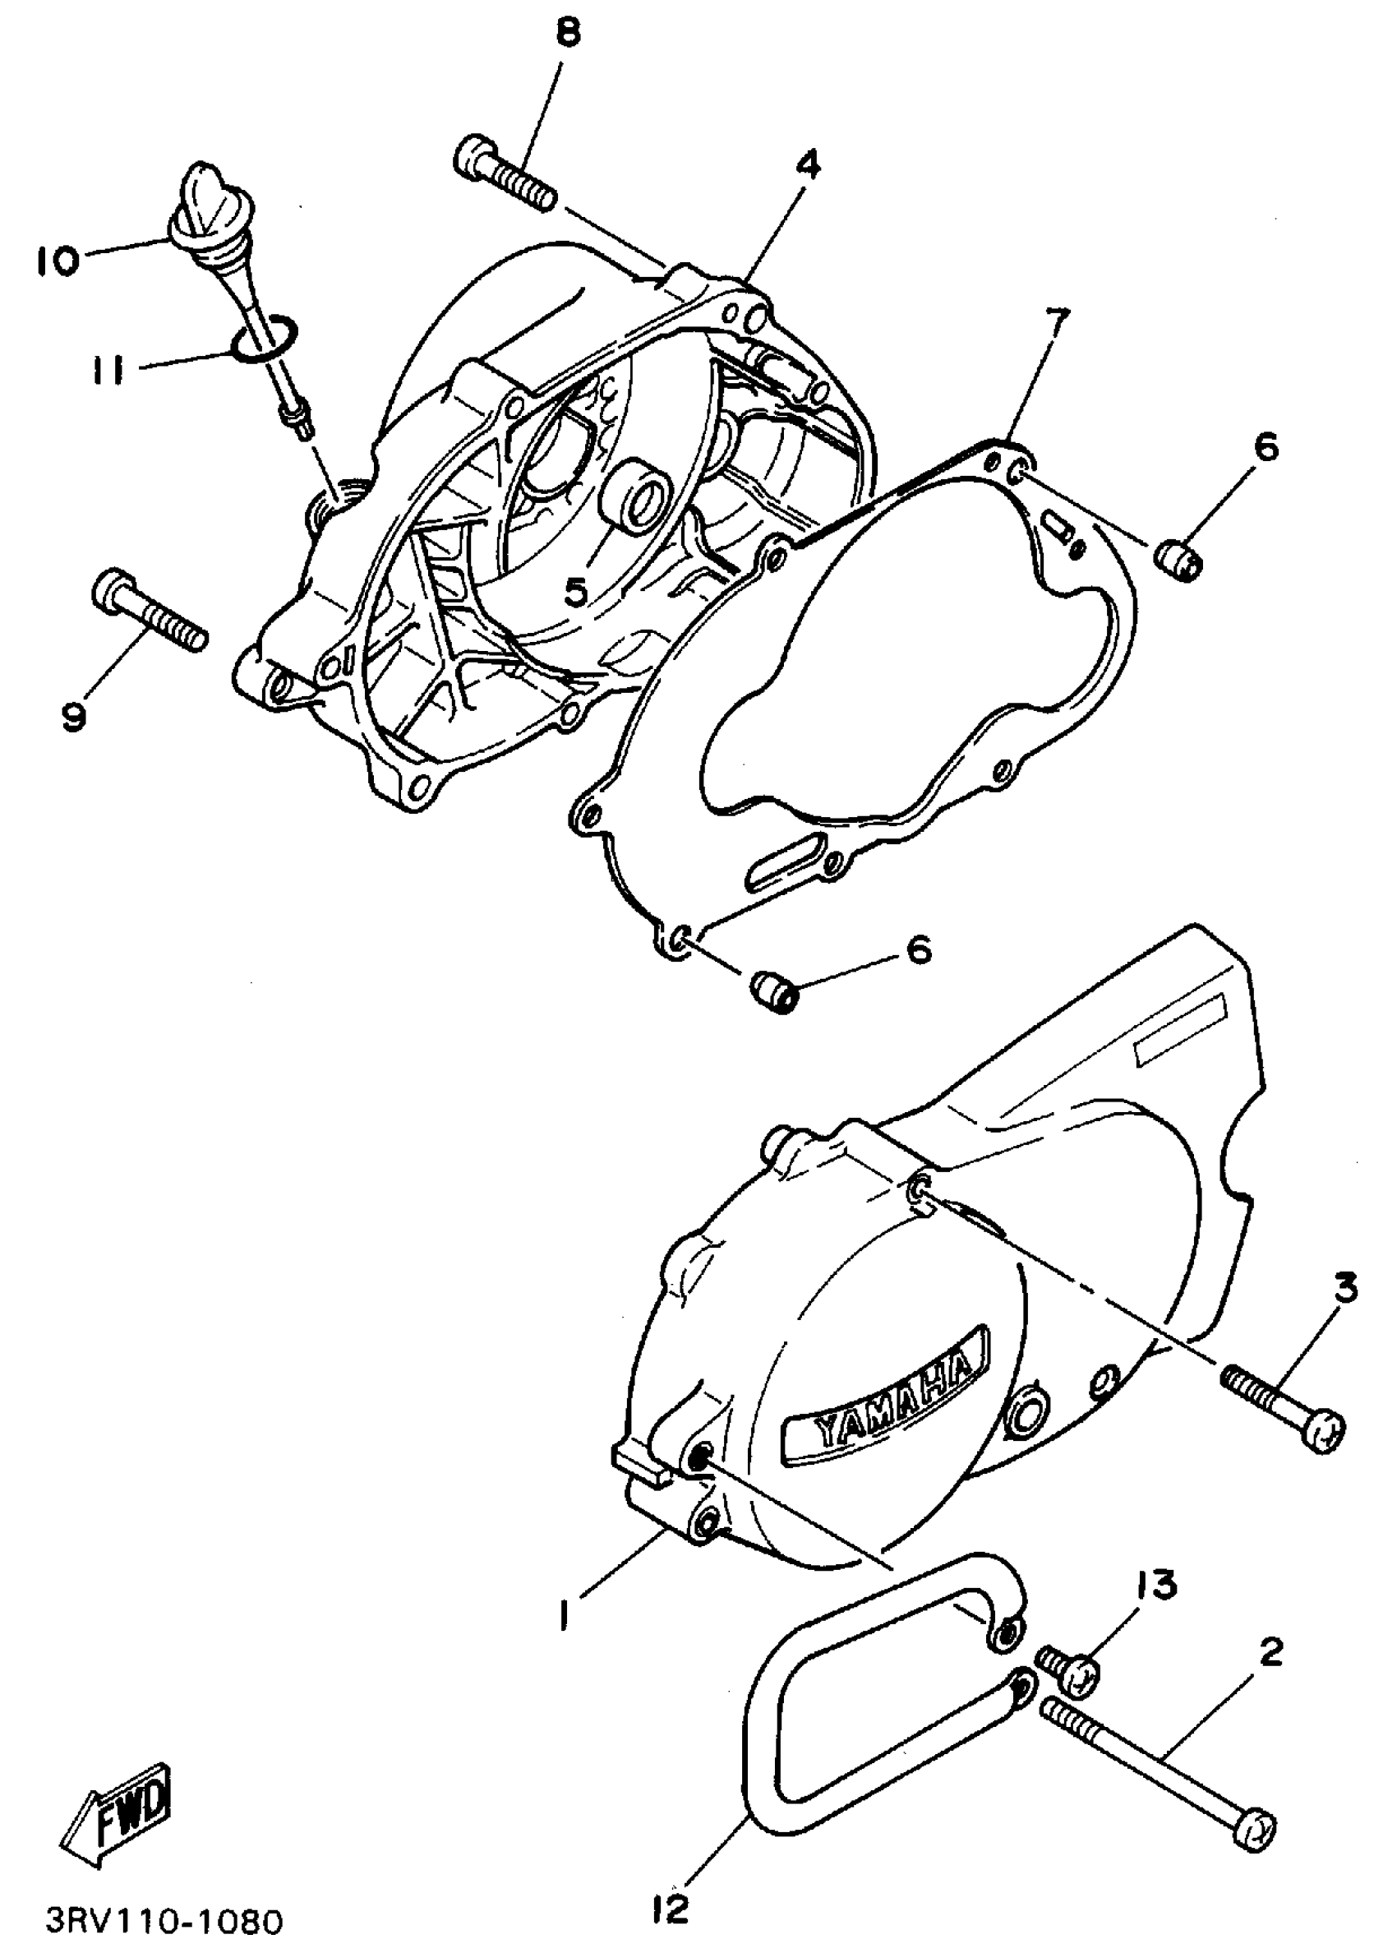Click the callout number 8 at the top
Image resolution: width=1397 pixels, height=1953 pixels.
pyautogui.click(x=567, y=34)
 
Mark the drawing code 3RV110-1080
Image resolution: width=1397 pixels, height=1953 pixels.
pyautogui.click(x=164, y=1921)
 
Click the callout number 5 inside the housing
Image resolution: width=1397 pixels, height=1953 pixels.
pyautogui.click(x=575, y=590)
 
